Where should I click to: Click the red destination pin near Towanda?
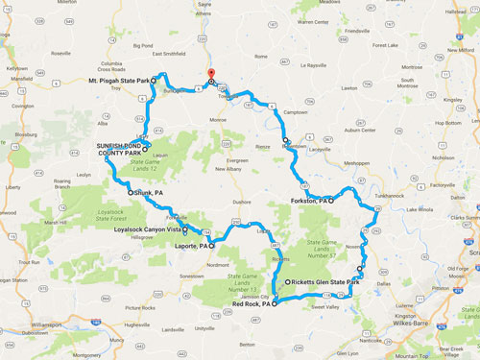[211, 74]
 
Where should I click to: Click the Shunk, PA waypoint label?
[148, 192]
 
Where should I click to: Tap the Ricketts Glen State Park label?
[324, 282]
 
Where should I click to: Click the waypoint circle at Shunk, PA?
[131, 192]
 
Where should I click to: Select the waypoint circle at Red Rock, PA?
[274, 303]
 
